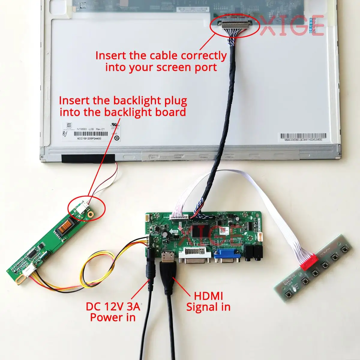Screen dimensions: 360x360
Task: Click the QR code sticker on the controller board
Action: tap(222, 230)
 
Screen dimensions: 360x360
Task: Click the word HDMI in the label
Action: tap(208, 296)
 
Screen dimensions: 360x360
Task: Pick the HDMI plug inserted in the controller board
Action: tap(166, 264)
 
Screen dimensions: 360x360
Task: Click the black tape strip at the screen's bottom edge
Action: tap(88, 158)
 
